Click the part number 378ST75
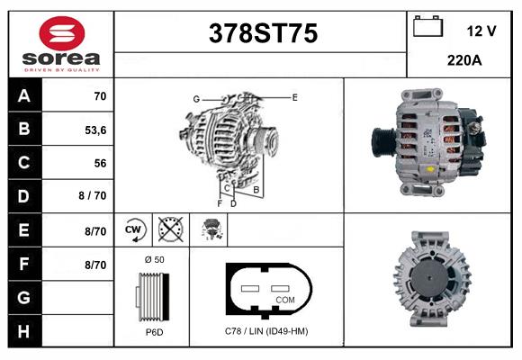coord(263,33)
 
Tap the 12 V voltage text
coord(481,31)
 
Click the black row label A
coord(24,95)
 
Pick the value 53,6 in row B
coord(95,129)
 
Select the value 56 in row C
coord(99,163)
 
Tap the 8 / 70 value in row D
coord(93,196)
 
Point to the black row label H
coord(24,331)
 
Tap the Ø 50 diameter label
coord(153,259)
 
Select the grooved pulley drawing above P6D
coord(151,295)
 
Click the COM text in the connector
coord(284,299)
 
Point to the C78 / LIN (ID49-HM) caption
coord(265,331)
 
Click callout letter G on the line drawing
coord(195,98)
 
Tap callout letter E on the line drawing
coord(294,95)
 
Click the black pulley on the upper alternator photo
coord(382,140)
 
